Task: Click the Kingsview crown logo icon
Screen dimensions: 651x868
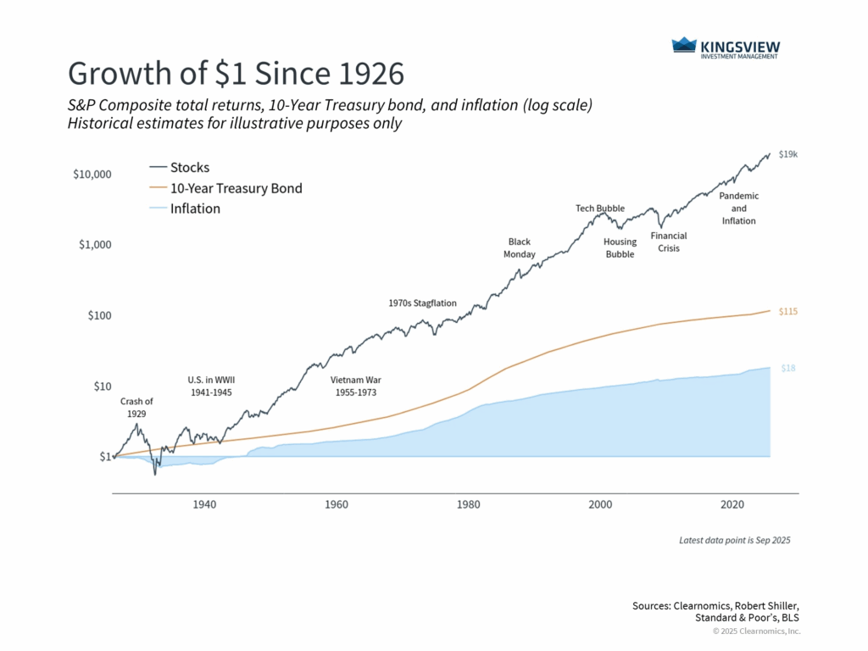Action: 683,46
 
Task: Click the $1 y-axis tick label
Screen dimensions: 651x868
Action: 104,457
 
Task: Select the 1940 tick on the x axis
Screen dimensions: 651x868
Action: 204,504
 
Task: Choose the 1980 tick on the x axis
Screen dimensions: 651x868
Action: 469,504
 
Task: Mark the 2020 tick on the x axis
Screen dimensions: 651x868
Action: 733,504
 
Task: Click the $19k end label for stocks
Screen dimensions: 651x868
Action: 787,153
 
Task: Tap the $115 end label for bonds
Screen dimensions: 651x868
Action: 788,311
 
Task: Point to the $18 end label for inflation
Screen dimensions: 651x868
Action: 788,368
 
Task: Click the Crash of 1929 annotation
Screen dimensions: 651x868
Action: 136,407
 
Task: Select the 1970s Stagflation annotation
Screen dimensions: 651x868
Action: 422,303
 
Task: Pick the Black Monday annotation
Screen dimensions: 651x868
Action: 519,248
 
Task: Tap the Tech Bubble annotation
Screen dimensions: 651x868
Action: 600,208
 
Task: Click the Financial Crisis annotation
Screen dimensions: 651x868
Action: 668,242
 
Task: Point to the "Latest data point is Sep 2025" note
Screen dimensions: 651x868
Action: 734,540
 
